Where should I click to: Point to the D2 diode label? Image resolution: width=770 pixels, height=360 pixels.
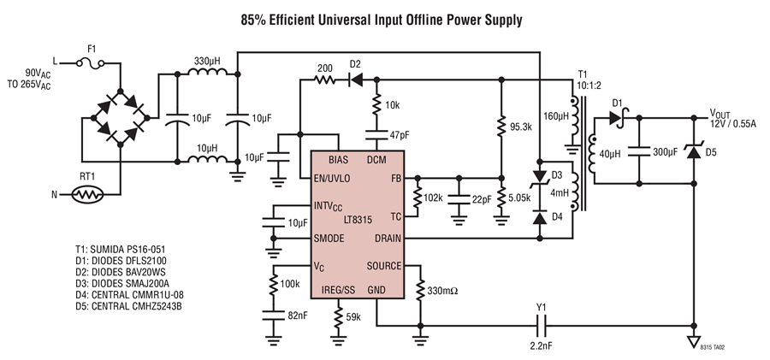pyautogui.click(x=356, y=64)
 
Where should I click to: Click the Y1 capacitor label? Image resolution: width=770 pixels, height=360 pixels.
pyautogui.click(x=542, y=310)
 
